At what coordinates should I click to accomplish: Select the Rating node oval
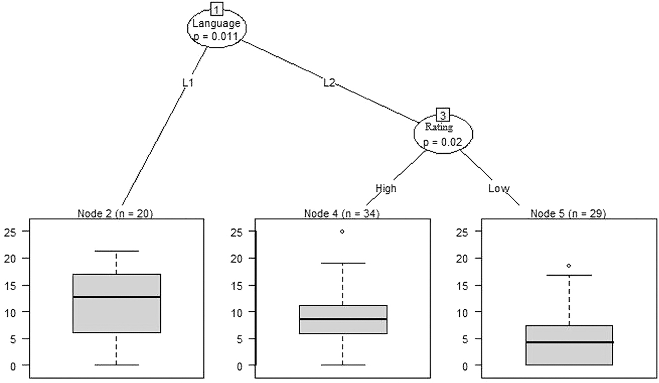[x=443, y=132]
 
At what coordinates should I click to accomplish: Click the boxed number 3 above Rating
[x=443, y=115]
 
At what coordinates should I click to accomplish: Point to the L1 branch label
[x=187, y=83]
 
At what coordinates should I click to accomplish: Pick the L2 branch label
[x=329, y=83]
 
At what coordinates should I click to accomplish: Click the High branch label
[x=386, y=188]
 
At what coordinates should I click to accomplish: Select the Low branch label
[x=499, y=188]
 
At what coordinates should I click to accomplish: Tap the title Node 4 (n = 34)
[x=342, y=214]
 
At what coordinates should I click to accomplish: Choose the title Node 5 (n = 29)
[x=568, y=214]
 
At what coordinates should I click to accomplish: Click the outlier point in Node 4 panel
[x=342, y=232]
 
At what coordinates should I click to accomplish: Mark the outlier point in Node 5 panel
[x=568, y=265]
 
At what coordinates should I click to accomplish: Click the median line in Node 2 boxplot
[x=117, y=297]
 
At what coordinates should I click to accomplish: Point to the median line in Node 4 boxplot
[x=343, y=319]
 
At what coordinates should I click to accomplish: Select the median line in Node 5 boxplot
[x=569, y=342]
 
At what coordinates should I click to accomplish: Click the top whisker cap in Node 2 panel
[x=117, y=251]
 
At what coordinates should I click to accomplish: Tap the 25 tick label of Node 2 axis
[x=9, y=232]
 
